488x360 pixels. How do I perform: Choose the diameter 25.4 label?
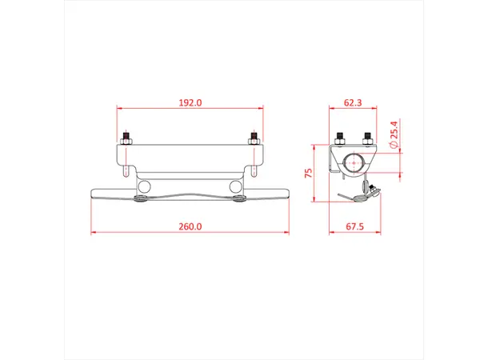tap(394, 134)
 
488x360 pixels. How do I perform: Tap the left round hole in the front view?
tap(144, 186)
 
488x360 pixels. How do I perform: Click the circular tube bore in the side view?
tap(354, 162)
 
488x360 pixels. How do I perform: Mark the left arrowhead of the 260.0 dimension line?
tap(95, 233)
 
